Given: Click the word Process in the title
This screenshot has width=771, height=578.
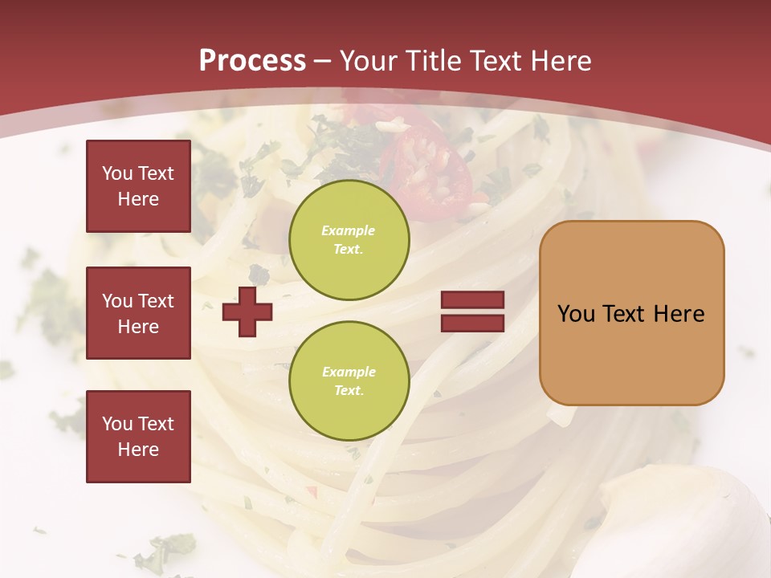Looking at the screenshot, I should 252,61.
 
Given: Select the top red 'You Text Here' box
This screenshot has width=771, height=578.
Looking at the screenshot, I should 138,186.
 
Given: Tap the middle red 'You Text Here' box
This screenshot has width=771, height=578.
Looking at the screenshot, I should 138,313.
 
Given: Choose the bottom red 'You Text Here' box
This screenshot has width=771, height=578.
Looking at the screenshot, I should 138,437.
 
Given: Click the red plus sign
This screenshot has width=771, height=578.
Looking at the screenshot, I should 247,311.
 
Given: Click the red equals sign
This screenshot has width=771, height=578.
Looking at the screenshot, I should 472,311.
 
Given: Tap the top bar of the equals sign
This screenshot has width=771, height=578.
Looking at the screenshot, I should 472,300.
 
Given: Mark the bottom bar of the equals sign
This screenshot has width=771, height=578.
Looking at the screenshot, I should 472,323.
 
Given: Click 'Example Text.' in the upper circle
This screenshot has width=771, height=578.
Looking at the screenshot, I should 349,239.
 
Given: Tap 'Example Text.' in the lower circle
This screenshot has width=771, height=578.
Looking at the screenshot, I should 349,381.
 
